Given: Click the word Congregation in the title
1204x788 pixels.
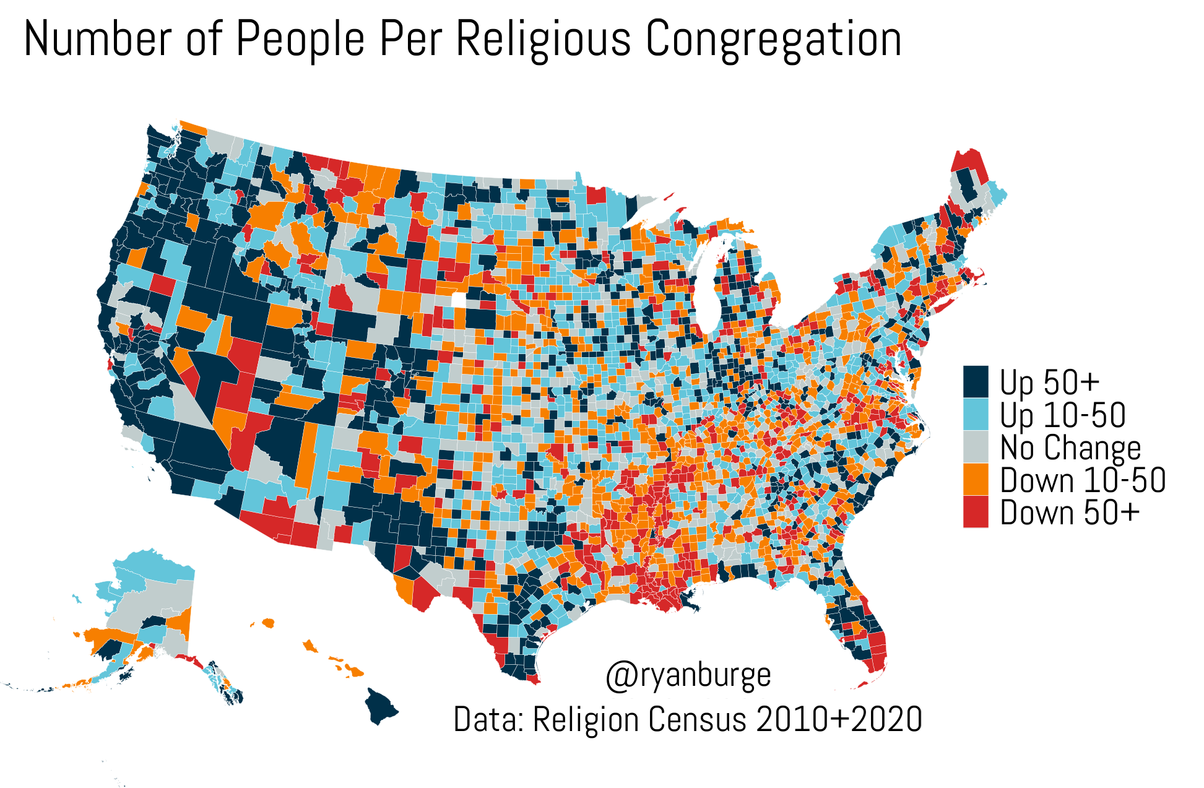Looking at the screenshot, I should click(x=773, y=38).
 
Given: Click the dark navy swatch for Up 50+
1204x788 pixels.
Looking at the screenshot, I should click(x=976, y=382).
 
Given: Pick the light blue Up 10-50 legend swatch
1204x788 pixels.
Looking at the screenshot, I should click(x=976, y=414).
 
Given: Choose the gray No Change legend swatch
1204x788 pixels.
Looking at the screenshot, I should click(x=976, y=447).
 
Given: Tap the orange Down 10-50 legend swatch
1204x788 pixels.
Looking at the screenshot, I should click(x=976, y=480).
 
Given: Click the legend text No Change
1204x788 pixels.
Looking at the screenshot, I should click(x=1070, y=448).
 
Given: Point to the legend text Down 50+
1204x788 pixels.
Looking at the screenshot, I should click(x=1070, y=513).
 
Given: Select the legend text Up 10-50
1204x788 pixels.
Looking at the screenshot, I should click(x=1062, y=415).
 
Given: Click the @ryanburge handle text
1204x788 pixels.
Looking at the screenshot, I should click(x=688, y=675).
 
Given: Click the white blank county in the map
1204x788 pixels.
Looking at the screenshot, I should click(x=458, y=300).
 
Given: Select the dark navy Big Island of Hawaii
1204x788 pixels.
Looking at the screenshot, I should click(x=379, y=706).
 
